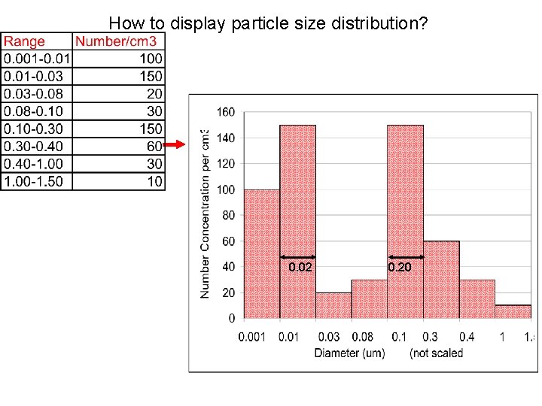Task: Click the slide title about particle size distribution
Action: [x=269, y=24]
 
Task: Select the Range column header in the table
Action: [x=25, y=42]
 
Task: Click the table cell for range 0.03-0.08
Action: [x=34, y=94]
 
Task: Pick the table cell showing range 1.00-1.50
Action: [x=34, y=181]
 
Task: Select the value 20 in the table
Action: [x=154, y=94]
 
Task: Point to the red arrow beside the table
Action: [x=175, y=144]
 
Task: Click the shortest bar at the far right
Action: [x=513, y=311]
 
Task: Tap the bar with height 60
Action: [x=440, y=279]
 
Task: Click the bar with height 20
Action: [x=333, y=305]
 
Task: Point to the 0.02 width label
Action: [x=300, y=267]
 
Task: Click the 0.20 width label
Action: [x=400, y=267]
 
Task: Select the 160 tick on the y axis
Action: [x=226, y=112]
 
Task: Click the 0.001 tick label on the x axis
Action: [x=252, y=336]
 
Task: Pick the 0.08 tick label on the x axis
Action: [x=363, y=336]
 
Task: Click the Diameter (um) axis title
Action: [x=349, y=353]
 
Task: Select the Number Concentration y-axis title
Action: [x=206, y=214]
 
